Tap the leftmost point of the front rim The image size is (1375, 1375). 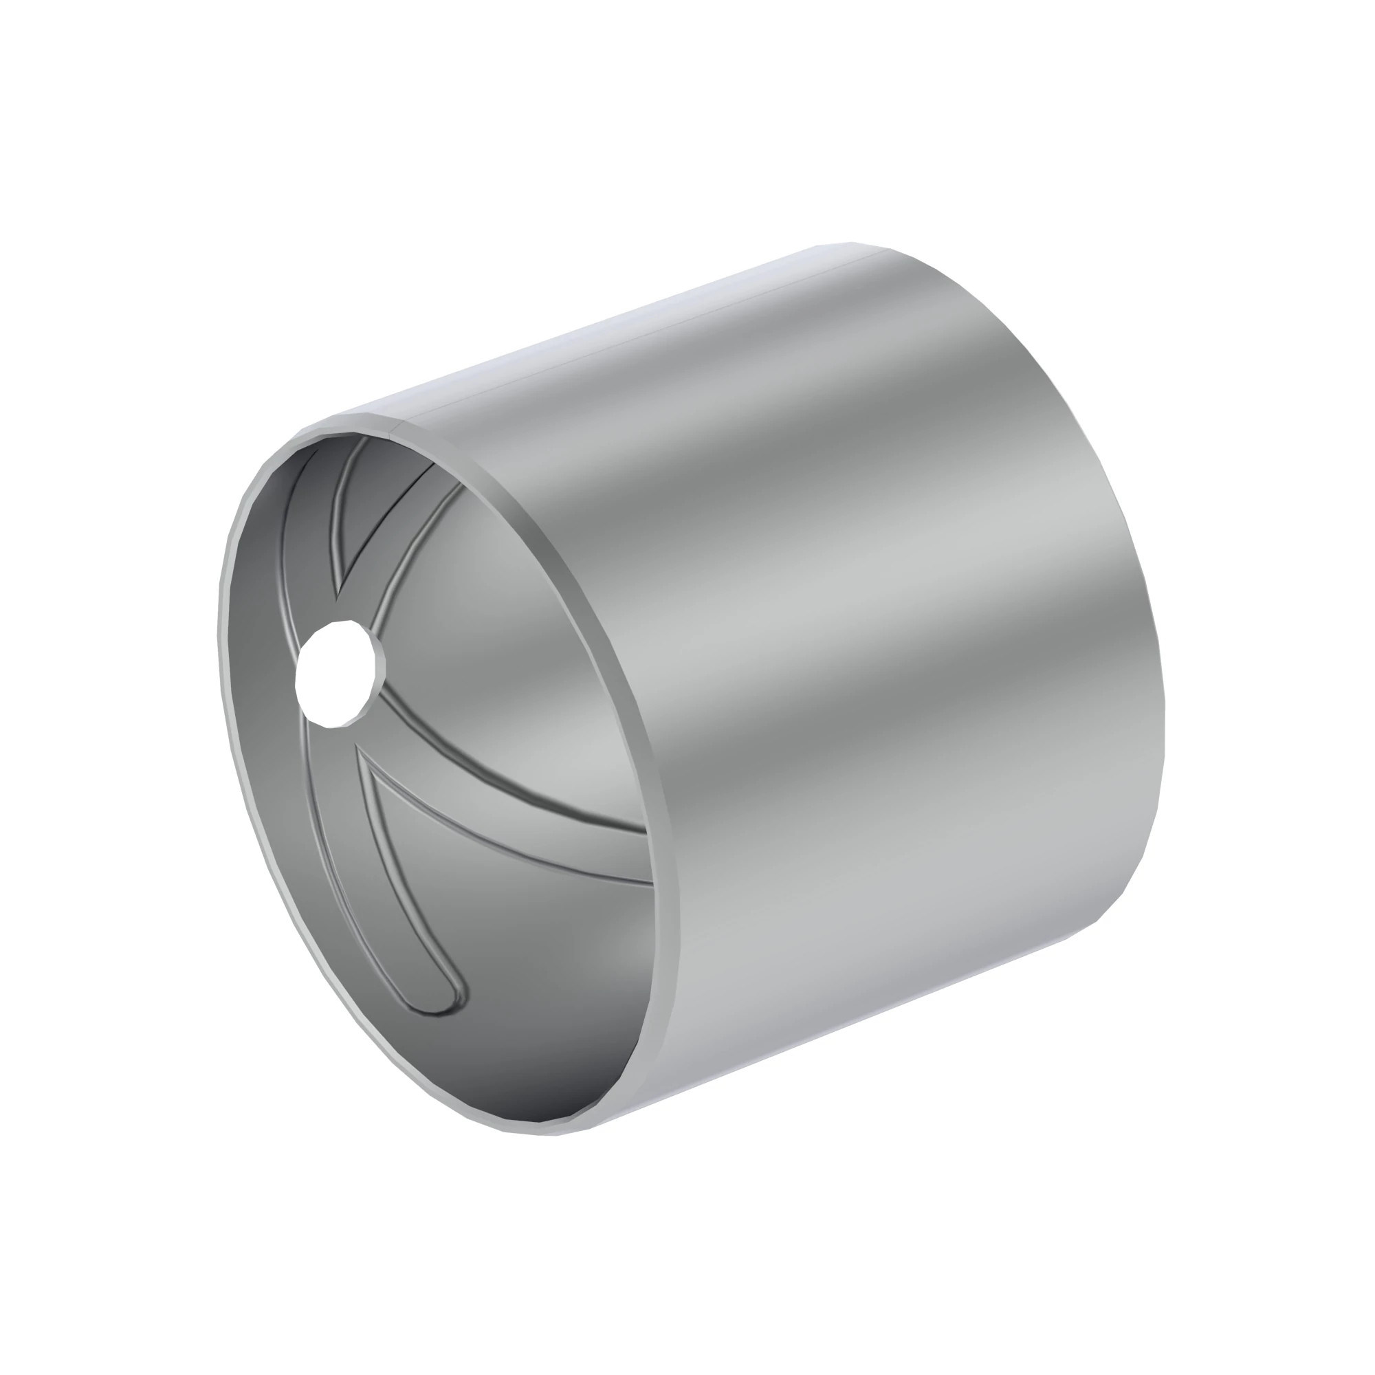[219, 641]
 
